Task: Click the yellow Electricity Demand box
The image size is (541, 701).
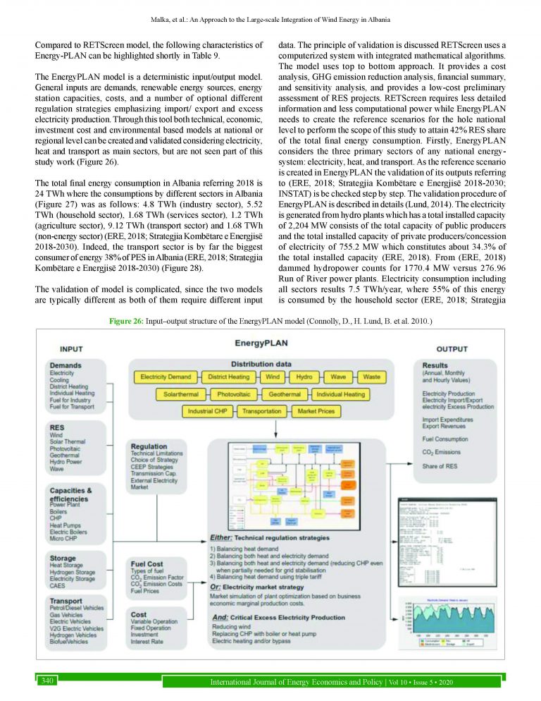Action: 166,377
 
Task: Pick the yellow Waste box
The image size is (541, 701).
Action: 371,377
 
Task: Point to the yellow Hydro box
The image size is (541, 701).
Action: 304,377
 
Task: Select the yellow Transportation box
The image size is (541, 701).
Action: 261,410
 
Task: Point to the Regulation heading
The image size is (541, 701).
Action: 149,446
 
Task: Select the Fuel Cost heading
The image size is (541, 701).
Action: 147,563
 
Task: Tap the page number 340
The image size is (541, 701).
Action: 49,680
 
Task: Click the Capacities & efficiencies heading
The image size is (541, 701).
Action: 78,493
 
